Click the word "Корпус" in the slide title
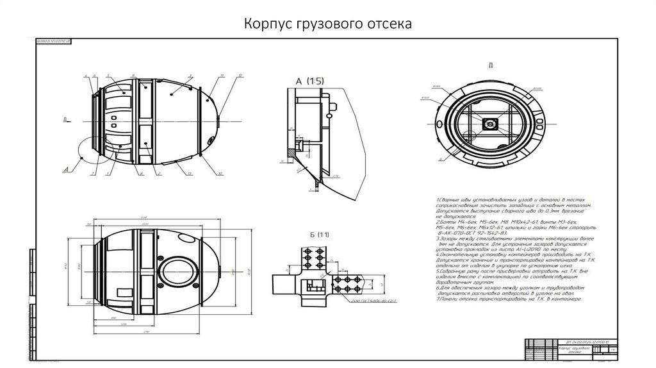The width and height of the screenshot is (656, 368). tap(266, 24)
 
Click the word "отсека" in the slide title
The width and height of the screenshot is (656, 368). tap(387, 24)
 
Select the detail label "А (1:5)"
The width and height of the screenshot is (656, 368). tap(310, 81)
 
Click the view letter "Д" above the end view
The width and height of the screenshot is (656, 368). tap(490, 65)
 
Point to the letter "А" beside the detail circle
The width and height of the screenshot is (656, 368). tap(66, 170)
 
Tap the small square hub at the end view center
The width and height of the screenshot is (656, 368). tap(490, 124)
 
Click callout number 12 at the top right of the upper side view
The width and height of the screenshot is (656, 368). tap(240, 76)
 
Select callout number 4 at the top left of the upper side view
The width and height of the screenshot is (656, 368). tap(85, 76)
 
